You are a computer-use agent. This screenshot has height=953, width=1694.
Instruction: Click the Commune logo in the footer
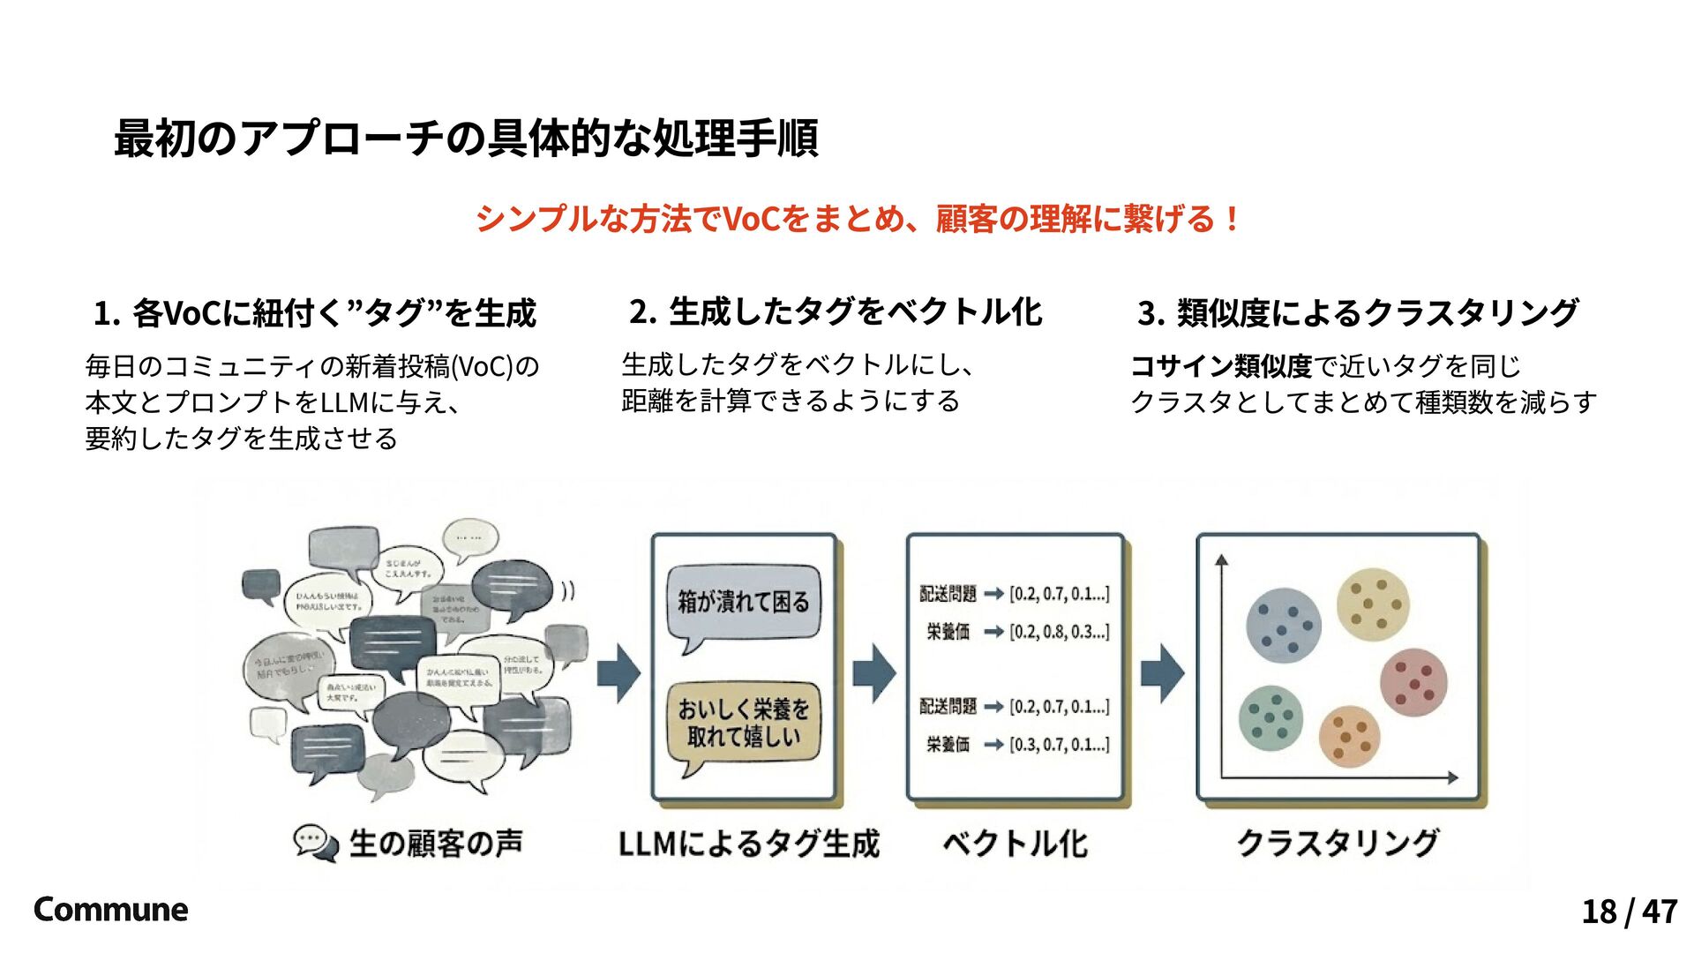[x=110, y=910]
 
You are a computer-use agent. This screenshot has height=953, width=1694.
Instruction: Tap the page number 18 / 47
[x=1629, y=912]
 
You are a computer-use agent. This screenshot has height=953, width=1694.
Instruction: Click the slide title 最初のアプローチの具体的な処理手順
[x=466, y=139]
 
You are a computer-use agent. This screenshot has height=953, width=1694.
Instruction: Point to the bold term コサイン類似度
[x=1221, y=365]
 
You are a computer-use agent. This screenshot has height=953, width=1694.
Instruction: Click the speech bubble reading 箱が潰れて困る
[x=743, y=604]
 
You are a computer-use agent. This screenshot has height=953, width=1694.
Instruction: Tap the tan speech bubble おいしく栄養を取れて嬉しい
[x=743, y=723]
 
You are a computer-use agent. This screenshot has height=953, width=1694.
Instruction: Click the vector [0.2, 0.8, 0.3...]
[x=1059, y=632]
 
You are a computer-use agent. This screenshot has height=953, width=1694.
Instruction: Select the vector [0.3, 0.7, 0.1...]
[x=1059, y=745]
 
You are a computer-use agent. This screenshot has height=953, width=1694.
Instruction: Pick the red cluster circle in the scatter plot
[x=1413, y=682]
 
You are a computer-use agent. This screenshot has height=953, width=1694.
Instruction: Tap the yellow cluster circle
[x=1372, y=603]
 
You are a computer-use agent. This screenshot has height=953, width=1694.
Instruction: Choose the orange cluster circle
[x=1349, y=736]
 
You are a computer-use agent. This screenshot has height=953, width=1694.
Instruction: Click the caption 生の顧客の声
[x=435, y=844]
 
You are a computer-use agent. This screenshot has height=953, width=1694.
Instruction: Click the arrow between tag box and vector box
[x=873, y=673]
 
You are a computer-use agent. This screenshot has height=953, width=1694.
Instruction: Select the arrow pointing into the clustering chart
[x=1162, y=673]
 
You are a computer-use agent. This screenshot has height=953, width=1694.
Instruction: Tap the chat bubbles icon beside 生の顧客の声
[x=315, y=843]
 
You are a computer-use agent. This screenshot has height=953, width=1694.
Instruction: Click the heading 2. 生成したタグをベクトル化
[x=835, y=311]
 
